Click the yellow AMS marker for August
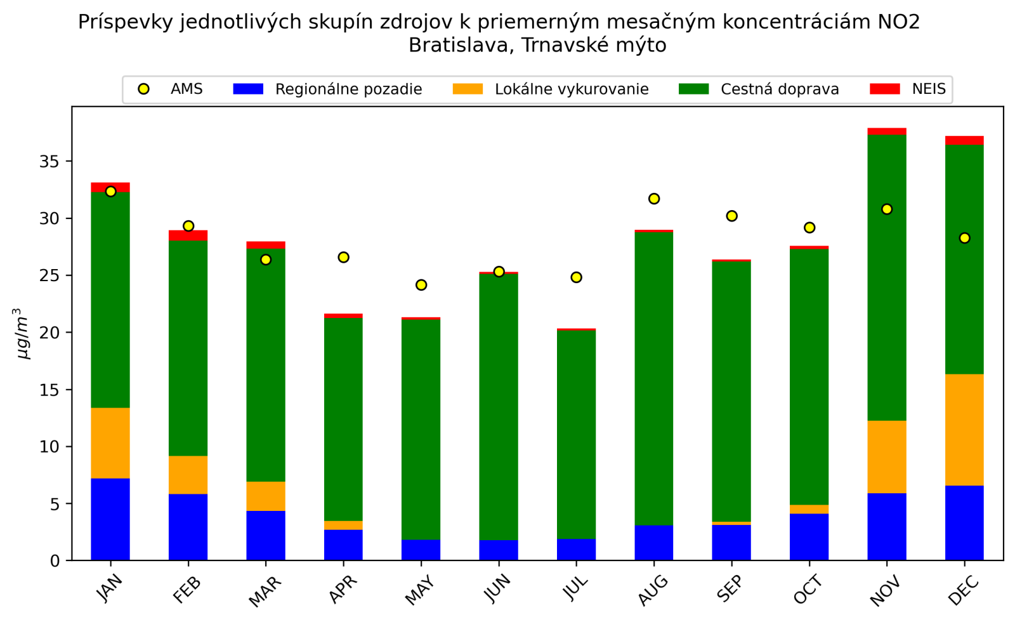point(654,199)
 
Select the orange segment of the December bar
point(964,430)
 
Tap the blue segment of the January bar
point(110,519)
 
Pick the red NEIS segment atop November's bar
point(887,131)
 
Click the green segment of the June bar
point(499,406)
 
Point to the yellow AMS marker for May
point(421,285)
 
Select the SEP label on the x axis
point(730,590)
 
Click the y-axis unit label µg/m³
point(23,334)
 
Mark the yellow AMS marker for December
point(964,238)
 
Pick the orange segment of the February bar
point(188,475)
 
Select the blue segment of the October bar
point(809,537)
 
